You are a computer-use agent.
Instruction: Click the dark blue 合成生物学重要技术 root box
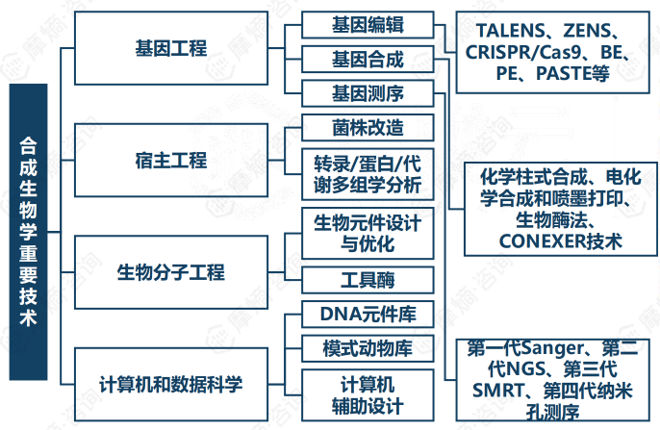click(29, 232)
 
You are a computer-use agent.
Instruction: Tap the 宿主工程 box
click(171, 159)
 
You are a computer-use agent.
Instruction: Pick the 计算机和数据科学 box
click(171, 385)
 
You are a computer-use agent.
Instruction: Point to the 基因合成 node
click(368, 59)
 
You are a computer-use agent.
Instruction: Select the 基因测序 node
click(368, 93)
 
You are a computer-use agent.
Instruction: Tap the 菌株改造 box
click(368, 127)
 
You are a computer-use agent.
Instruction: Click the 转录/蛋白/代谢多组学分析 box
click(368, 173)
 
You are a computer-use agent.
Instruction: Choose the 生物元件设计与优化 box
click(368, 234)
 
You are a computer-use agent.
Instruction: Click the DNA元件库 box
click(368, 314)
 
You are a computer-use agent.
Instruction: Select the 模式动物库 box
click(368, 347)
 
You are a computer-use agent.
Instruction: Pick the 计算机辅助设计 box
click(368, 393)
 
